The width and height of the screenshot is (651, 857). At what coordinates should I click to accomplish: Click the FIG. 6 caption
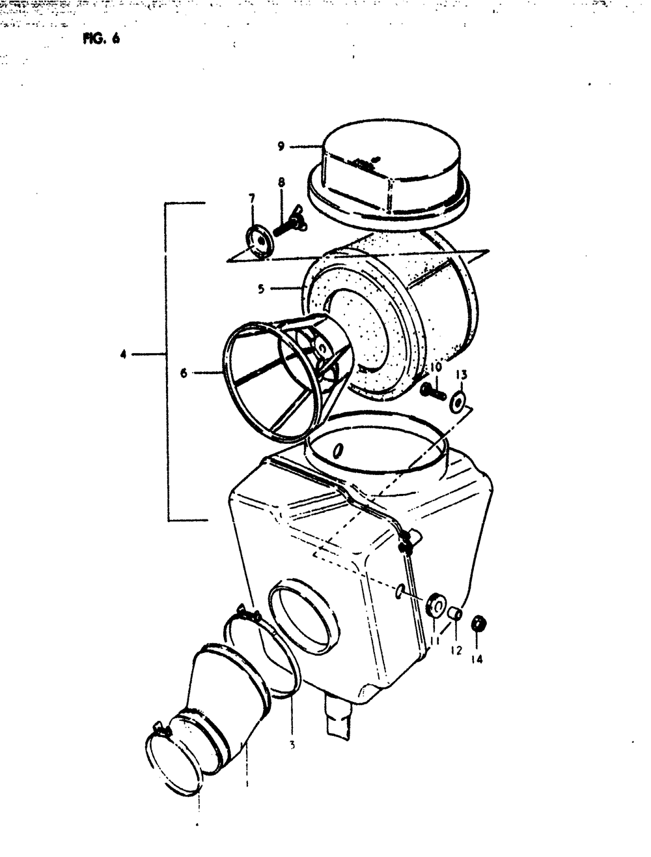tap(102, 37)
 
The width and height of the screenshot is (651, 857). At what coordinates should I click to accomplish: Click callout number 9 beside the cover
tap(281, 147)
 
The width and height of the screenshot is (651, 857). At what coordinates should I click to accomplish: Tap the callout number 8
tap(281, 183)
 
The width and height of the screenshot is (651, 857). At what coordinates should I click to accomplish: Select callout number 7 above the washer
tap(251, 198)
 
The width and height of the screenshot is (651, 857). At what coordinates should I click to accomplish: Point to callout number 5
tap(260, 289)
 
